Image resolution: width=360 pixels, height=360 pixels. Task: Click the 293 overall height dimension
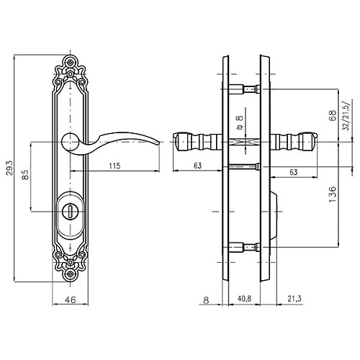(10, 168)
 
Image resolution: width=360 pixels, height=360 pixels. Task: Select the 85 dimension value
(25, 174)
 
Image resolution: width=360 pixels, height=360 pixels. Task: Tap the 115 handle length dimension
(114, 166)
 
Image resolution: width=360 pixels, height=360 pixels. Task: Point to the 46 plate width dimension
(70, 300)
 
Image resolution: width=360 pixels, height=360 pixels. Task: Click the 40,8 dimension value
(244, 299)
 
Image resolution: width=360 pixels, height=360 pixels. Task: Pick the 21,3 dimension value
(294, 299)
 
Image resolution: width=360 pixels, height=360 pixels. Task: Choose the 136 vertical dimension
(333, 194)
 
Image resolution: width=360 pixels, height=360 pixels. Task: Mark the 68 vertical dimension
(333, 115)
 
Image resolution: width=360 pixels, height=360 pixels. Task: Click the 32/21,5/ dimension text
(346, 114)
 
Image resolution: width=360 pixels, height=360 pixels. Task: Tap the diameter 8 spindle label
(239, 122)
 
